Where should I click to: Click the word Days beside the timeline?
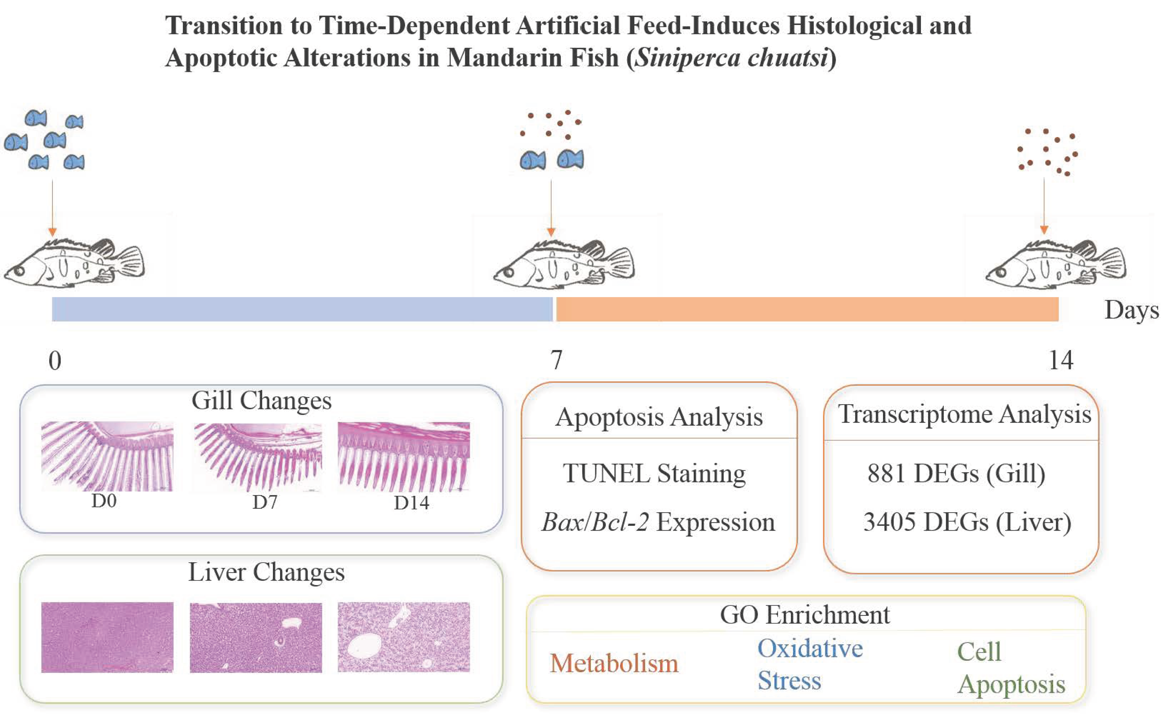[1131, 310]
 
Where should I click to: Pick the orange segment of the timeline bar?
[807, 309]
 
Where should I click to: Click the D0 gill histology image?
[107, 456]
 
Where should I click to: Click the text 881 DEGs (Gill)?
[956, 474]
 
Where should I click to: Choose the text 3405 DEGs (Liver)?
[967, 522]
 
